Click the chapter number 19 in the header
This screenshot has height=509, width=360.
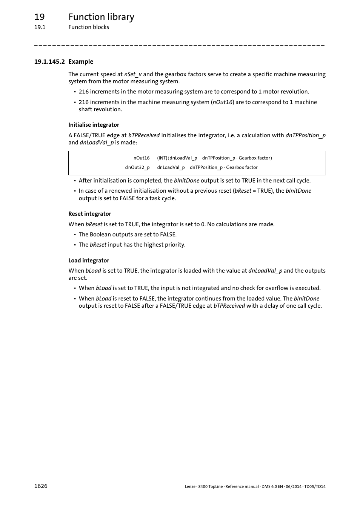coord(39,17)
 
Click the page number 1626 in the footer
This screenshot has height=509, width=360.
coord(41,486)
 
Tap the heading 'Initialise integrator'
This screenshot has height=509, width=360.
coord(94,125)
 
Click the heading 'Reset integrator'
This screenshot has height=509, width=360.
coord(89,214)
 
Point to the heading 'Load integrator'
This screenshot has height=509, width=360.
coord(89,261)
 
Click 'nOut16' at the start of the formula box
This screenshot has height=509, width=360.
coord(142,158)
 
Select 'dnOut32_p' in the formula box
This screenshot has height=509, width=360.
coord(137,167)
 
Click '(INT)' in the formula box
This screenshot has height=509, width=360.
coord(162,158)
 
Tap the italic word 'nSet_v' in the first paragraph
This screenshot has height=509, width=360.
coord(133,74)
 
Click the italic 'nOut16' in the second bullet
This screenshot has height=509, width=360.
coord(222,102)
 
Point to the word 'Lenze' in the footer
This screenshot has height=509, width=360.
coord(190,486)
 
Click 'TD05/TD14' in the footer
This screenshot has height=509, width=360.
coord(315,486)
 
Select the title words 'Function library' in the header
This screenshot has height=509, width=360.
coord(101,17)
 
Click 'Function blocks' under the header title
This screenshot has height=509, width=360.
coord(89,27)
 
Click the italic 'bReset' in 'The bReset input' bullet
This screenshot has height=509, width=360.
coord(98,245)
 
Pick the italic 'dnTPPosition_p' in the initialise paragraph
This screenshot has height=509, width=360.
coord(305,135)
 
